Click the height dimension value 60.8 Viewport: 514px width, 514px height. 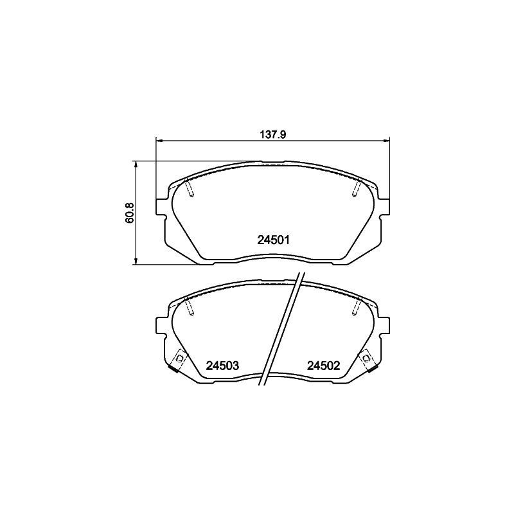pos(129,213)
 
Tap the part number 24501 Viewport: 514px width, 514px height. pos(275,240)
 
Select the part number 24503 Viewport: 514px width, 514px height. pos(222,366)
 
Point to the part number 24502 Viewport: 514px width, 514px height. pos(323,366)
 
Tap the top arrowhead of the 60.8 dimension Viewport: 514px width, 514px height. pos(136,164)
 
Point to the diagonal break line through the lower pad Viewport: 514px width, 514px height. pos(281,331)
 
